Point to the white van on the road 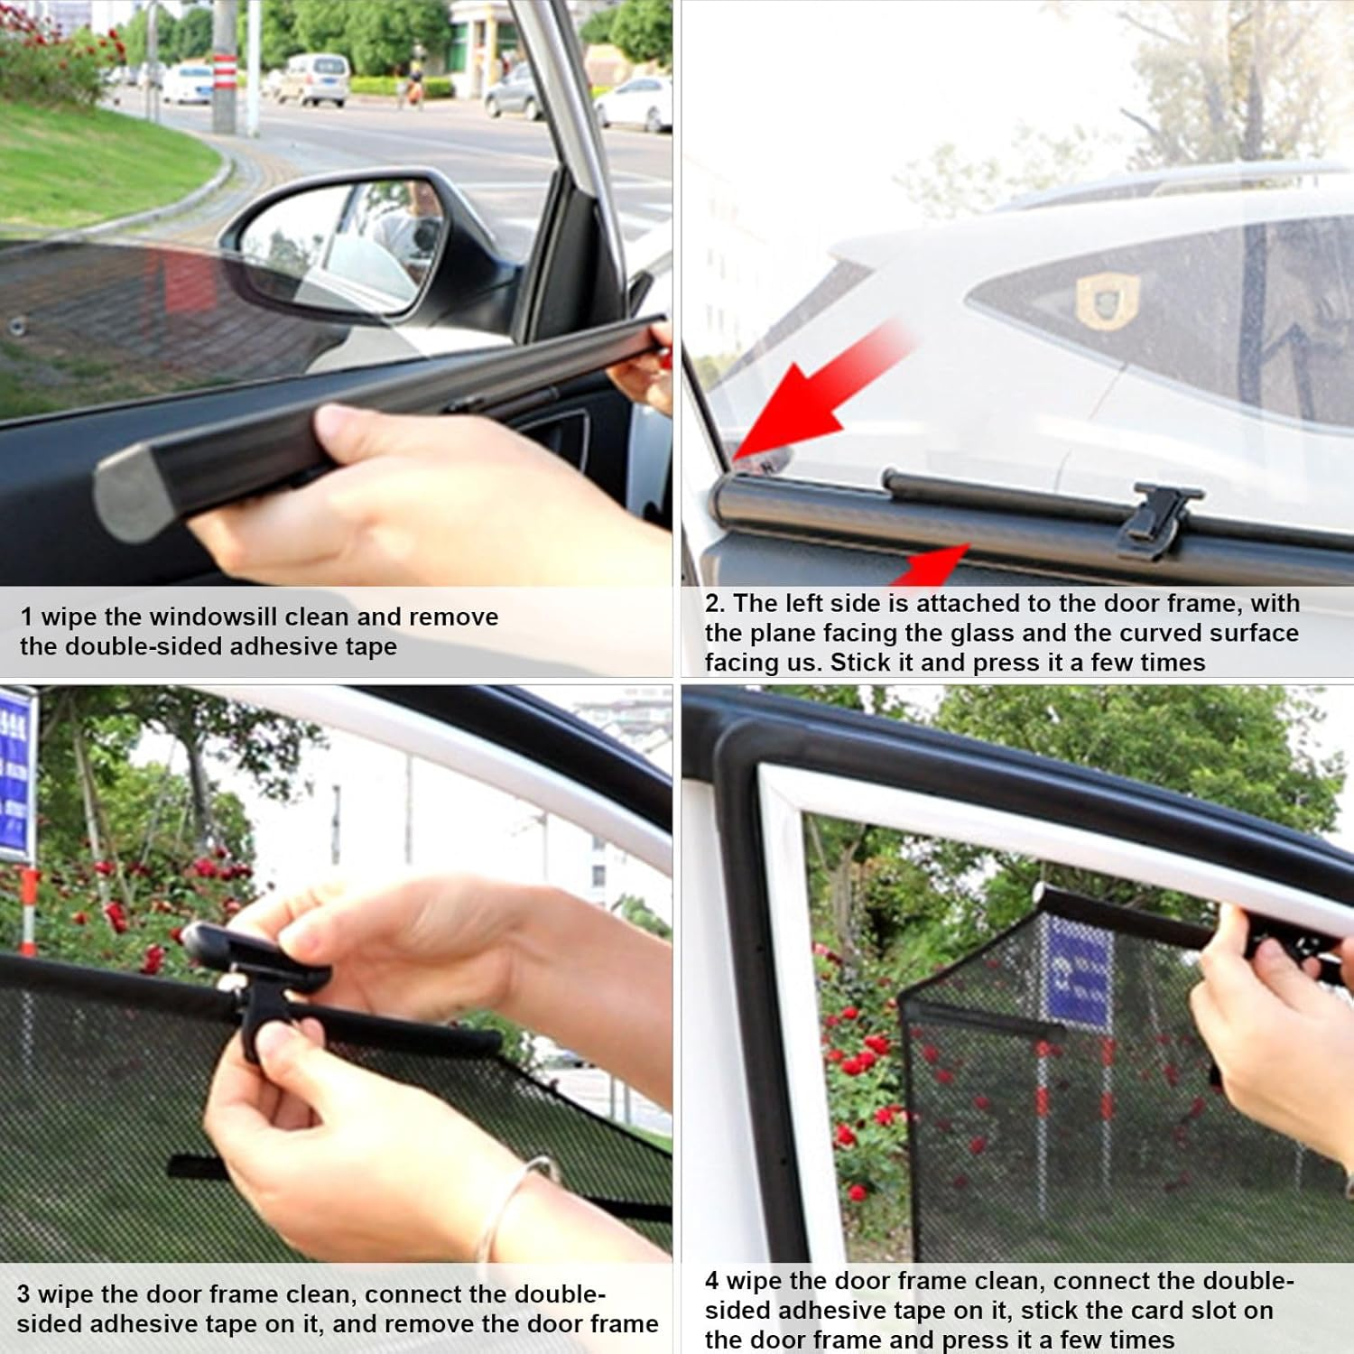[x=313, y=79]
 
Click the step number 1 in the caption [x=26, y=617]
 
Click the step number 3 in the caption [x=23, y=1294]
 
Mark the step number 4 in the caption [x=712, y=1281]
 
